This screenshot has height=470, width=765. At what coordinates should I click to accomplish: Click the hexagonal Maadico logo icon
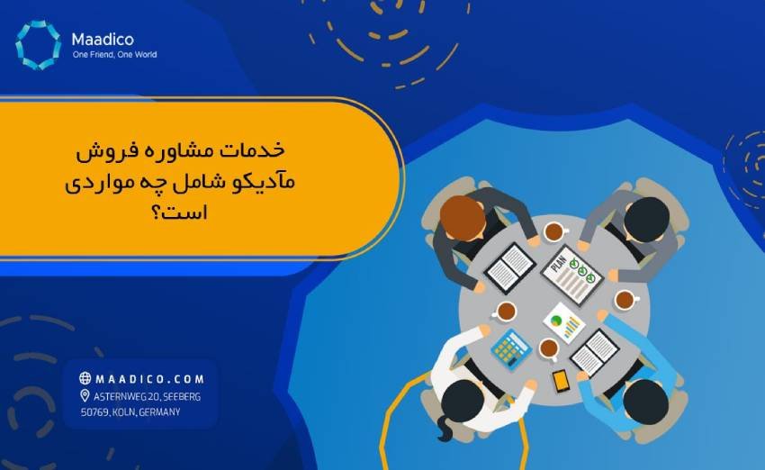[x=38, y=44]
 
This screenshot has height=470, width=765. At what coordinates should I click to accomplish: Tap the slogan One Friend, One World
[x=114, y=55]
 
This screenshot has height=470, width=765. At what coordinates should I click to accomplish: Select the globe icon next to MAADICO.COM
[x=85, y=378]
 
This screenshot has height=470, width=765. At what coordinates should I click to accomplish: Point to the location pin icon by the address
[x=85, y=396]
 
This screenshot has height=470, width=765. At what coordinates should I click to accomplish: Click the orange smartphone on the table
[x=561, y=381]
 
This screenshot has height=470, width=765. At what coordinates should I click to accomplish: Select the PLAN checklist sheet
[x=572, y=272]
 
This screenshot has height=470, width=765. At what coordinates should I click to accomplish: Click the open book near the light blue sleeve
[x=594, y=351]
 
